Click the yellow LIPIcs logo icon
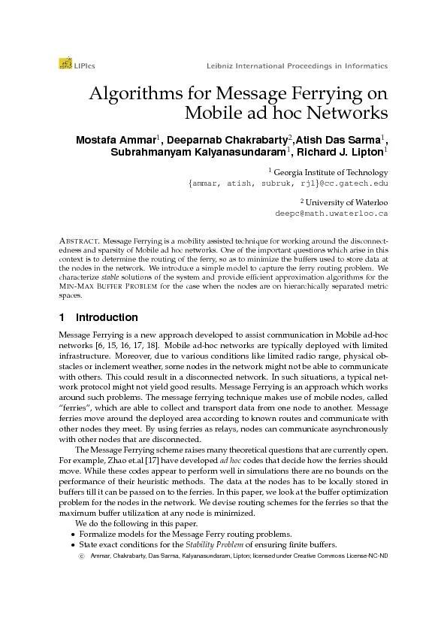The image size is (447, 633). click(65, 65)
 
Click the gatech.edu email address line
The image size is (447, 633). click(288, 183)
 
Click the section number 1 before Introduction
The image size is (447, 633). click(62, 317)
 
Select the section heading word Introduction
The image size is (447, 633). click(107, 317)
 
